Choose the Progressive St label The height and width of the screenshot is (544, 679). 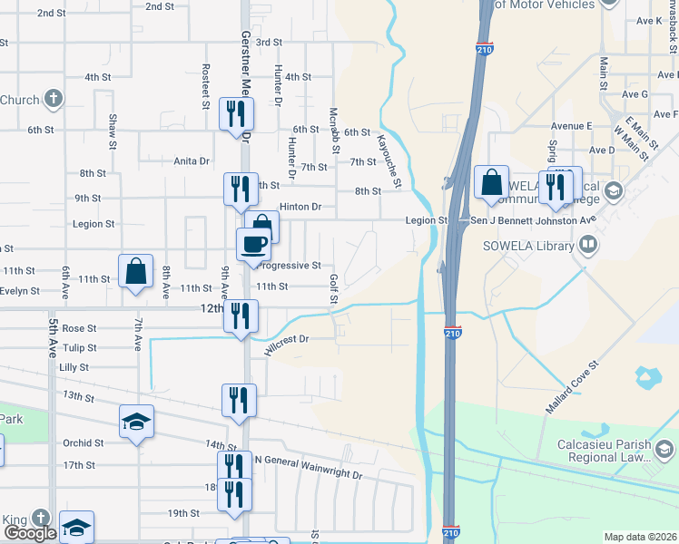pos(290,266)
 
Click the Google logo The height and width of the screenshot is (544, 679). pos(30,533)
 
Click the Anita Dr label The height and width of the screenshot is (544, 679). pos(191,161)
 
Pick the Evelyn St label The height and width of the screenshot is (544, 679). pos(20,291)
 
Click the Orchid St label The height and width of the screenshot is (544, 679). pos(84,443)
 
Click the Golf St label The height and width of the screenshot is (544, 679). pos(333,290)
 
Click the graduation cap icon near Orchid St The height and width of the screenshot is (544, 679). pos(136,420)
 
